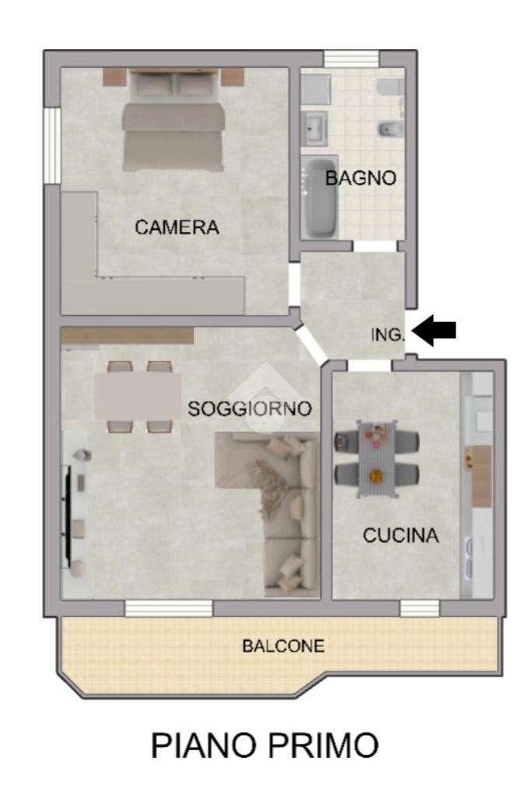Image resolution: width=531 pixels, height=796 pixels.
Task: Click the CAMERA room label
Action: point(176,227)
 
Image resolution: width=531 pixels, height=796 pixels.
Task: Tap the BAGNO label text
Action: point(361,178)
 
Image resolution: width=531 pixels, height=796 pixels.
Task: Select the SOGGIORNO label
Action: point(250,409)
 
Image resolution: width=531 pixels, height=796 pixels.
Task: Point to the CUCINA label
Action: point(400,535)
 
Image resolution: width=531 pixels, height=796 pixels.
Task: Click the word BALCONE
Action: point(284,646)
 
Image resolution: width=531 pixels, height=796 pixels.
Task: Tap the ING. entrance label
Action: point(388,335)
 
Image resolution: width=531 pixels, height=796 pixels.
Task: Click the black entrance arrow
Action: point(434,330)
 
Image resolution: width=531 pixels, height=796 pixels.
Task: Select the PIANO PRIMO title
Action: point(265,745)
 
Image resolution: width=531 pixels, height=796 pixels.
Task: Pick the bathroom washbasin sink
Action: point(316,128)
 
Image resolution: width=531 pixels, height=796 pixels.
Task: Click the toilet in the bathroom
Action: point(392,87)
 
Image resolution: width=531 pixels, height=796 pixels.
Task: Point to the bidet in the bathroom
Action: point(391,129)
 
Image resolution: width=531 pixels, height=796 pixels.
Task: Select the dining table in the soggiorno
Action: point(138,397)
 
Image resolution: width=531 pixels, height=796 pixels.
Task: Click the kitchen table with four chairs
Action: point(376,459)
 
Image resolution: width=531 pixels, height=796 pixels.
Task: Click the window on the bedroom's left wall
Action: point(52,146)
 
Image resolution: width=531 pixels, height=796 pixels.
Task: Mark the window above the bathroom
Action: point(351,58)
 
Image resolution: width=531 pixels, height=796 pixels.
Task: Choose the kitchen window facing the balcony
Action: point(419,608)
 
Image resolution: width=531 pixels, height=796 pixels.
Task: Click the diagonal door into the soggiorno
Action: point(310,345)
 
